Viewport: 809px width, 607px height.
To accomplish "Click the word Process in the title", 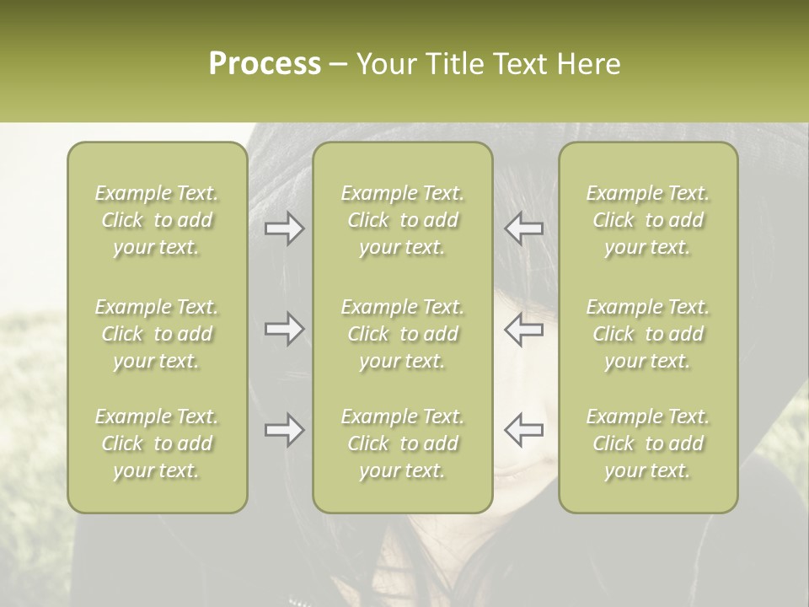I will pyautogui.click(x=265, y=64).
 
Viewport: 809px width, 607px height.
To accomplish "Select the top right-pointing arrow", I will pyautogui.click(x=285, y=228).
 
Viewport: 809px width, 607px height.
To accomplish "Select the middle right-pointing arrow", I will pyautogui.click(x=285, y=329).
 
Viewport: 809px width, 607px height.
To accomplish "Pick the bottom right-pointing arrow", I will pyautogui.click(x=285, y=430).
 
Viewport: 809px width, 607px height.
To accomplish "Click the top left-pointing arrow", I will pyautogui.click(x=523, y=228).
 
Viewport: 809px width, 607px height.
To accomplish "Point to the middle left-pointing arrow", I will pyautogui.click(x=523, y=329).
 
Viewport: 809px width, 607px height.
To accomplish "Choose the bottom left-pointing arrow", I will pyautogui.click(x=523, y=430).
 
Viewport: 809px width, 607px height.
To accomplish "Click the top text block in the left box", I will pyautogui.click(x=157, y=220).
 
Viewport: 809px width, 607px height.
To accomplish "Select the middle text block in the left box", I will pyautogui.click(x=157, y=334).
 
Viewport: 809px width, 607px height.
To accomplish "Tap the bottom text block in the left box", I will pyautogui.click(x=157, y=443).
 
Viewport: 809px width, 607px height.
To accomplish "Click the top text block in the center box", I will pyautogui.click(x=402, y=220).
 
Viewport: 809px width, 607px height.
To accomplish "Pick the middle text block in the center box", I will pyautogui.click(x=402, y=334).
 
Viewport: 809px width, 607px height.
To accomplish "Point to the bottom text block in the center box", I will pyautogui.click(x=402, y=443).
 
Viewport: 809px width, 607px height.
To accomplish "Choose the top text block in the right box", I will pyautogui.click(x=648, y=220).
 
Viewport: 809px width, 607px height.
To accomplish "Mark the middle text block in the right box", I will pyautogui.click(x=648, y=334).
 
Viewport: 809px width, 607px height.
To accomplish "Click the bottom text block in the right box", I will pyautogui.click(x=648, y=443).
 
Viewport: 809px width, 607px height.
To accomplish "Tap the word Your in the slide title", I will pyautogui.click(x=383, y=64).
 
